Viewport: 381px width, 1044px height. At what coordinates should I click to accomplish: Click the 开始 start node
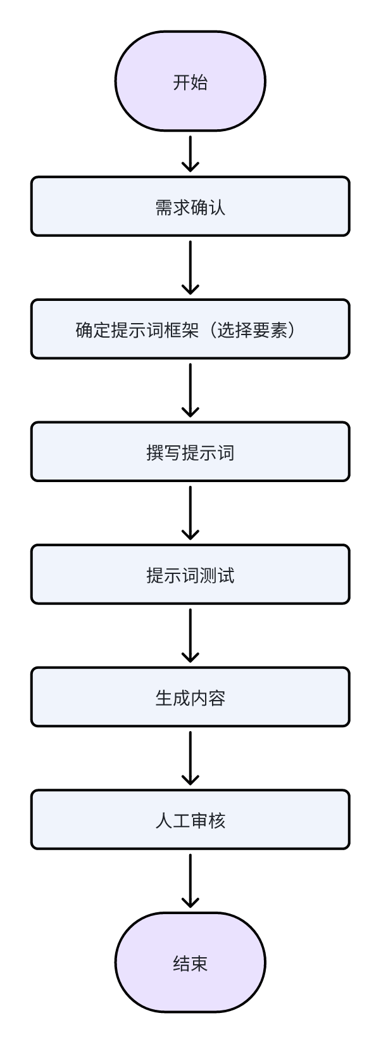(x=190, y=82)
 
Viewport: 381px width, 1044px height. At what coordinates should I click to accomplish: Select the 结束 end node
(x=190, y=963)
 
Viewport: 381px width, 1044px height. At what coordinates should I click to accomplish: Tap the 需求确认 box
(x=190, y=207)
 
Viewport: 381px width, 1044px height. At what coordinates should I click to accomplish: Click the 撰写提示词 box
(x=190, y=452)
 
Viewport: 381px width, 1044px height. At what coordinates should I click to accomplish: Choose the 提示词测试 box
(x=190, y=575)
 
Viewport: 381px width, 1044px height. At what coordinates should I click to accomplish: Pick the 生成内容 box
(x=190, y=697)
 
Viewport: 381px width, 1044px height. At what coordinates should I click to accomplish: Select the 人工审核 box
(x=190, y=820)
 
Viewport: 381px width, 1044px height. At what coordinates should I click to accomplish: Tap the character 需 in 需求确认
(x=164, y=207)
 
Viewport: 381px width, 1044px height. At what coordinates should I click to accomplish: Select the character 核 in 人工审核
(x=216, y=820)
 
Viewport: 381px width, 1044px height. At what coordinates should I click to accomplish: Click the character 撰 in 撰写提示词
(x=155, y=453)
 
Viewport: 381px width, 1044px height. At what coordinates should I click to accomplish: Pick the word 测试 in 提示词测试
(x=216, y=575)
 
